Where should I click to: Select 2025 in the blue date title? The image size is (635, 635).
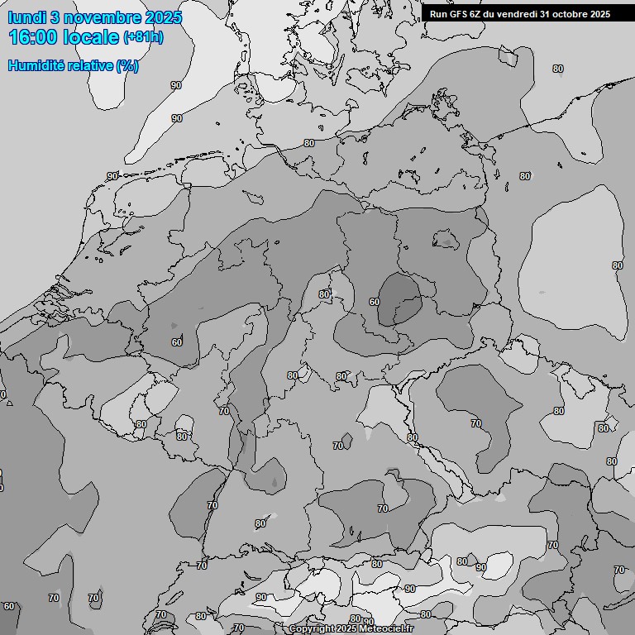(165, 17)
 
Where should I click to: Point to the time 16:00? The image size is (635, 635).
(35, 37)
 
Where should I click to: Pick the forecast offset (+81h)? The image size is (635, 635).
(143, 37)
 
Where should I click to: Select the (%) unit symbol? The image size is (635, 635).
(127, 65)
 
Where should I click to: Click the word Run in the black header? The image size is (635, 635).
(438, 13)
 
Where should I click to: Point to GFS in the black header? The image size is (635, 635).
(459, 13)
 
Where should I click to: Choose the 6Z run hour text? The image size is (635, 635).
(478, 13)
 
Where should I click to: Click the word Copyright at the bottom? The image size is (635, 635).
(312, 629)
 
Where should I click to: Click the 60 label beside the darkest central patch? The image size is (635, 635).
(374, 302)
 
